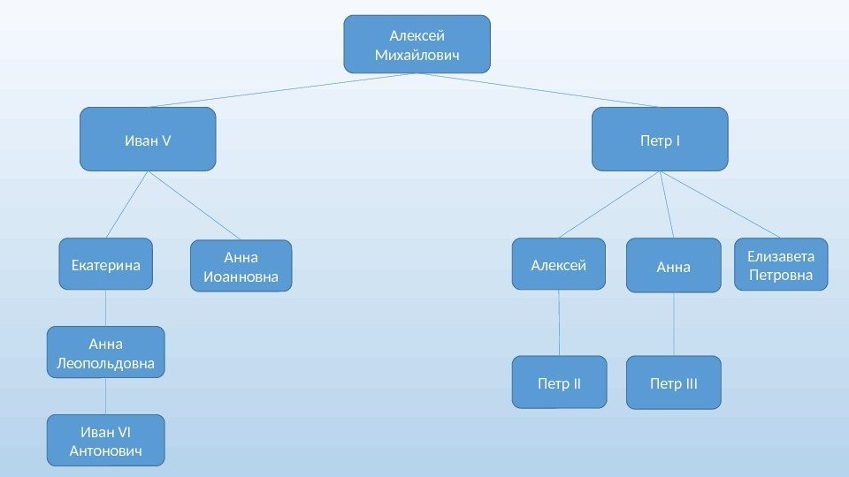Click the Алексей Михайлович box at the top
click(x=417, y=44)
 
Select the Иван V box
click(x=148, y=139)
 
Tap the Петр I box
click(x=659, y=139)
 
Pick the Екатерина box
click(x=106, y=263)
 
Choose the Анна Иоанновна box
click(x=241, y=267)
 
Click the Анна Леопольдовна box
click(x=105, y=352)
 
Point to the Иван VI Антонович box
click(x=105, y=440)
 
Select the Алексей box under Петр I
click(x=559, y=263)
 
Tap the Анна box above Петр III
click(x=674, y=265)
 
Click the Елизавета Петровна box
click(x=780, y=264)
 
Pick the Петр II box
click(x=559, y=382)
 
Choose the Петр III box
click(x=674, y=382)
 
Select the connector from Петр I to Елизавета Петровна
click(x=721, y=205)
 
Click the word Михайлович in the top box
click(x=417, y=56)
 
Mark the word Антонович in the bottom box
click(x=105, y=451)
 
